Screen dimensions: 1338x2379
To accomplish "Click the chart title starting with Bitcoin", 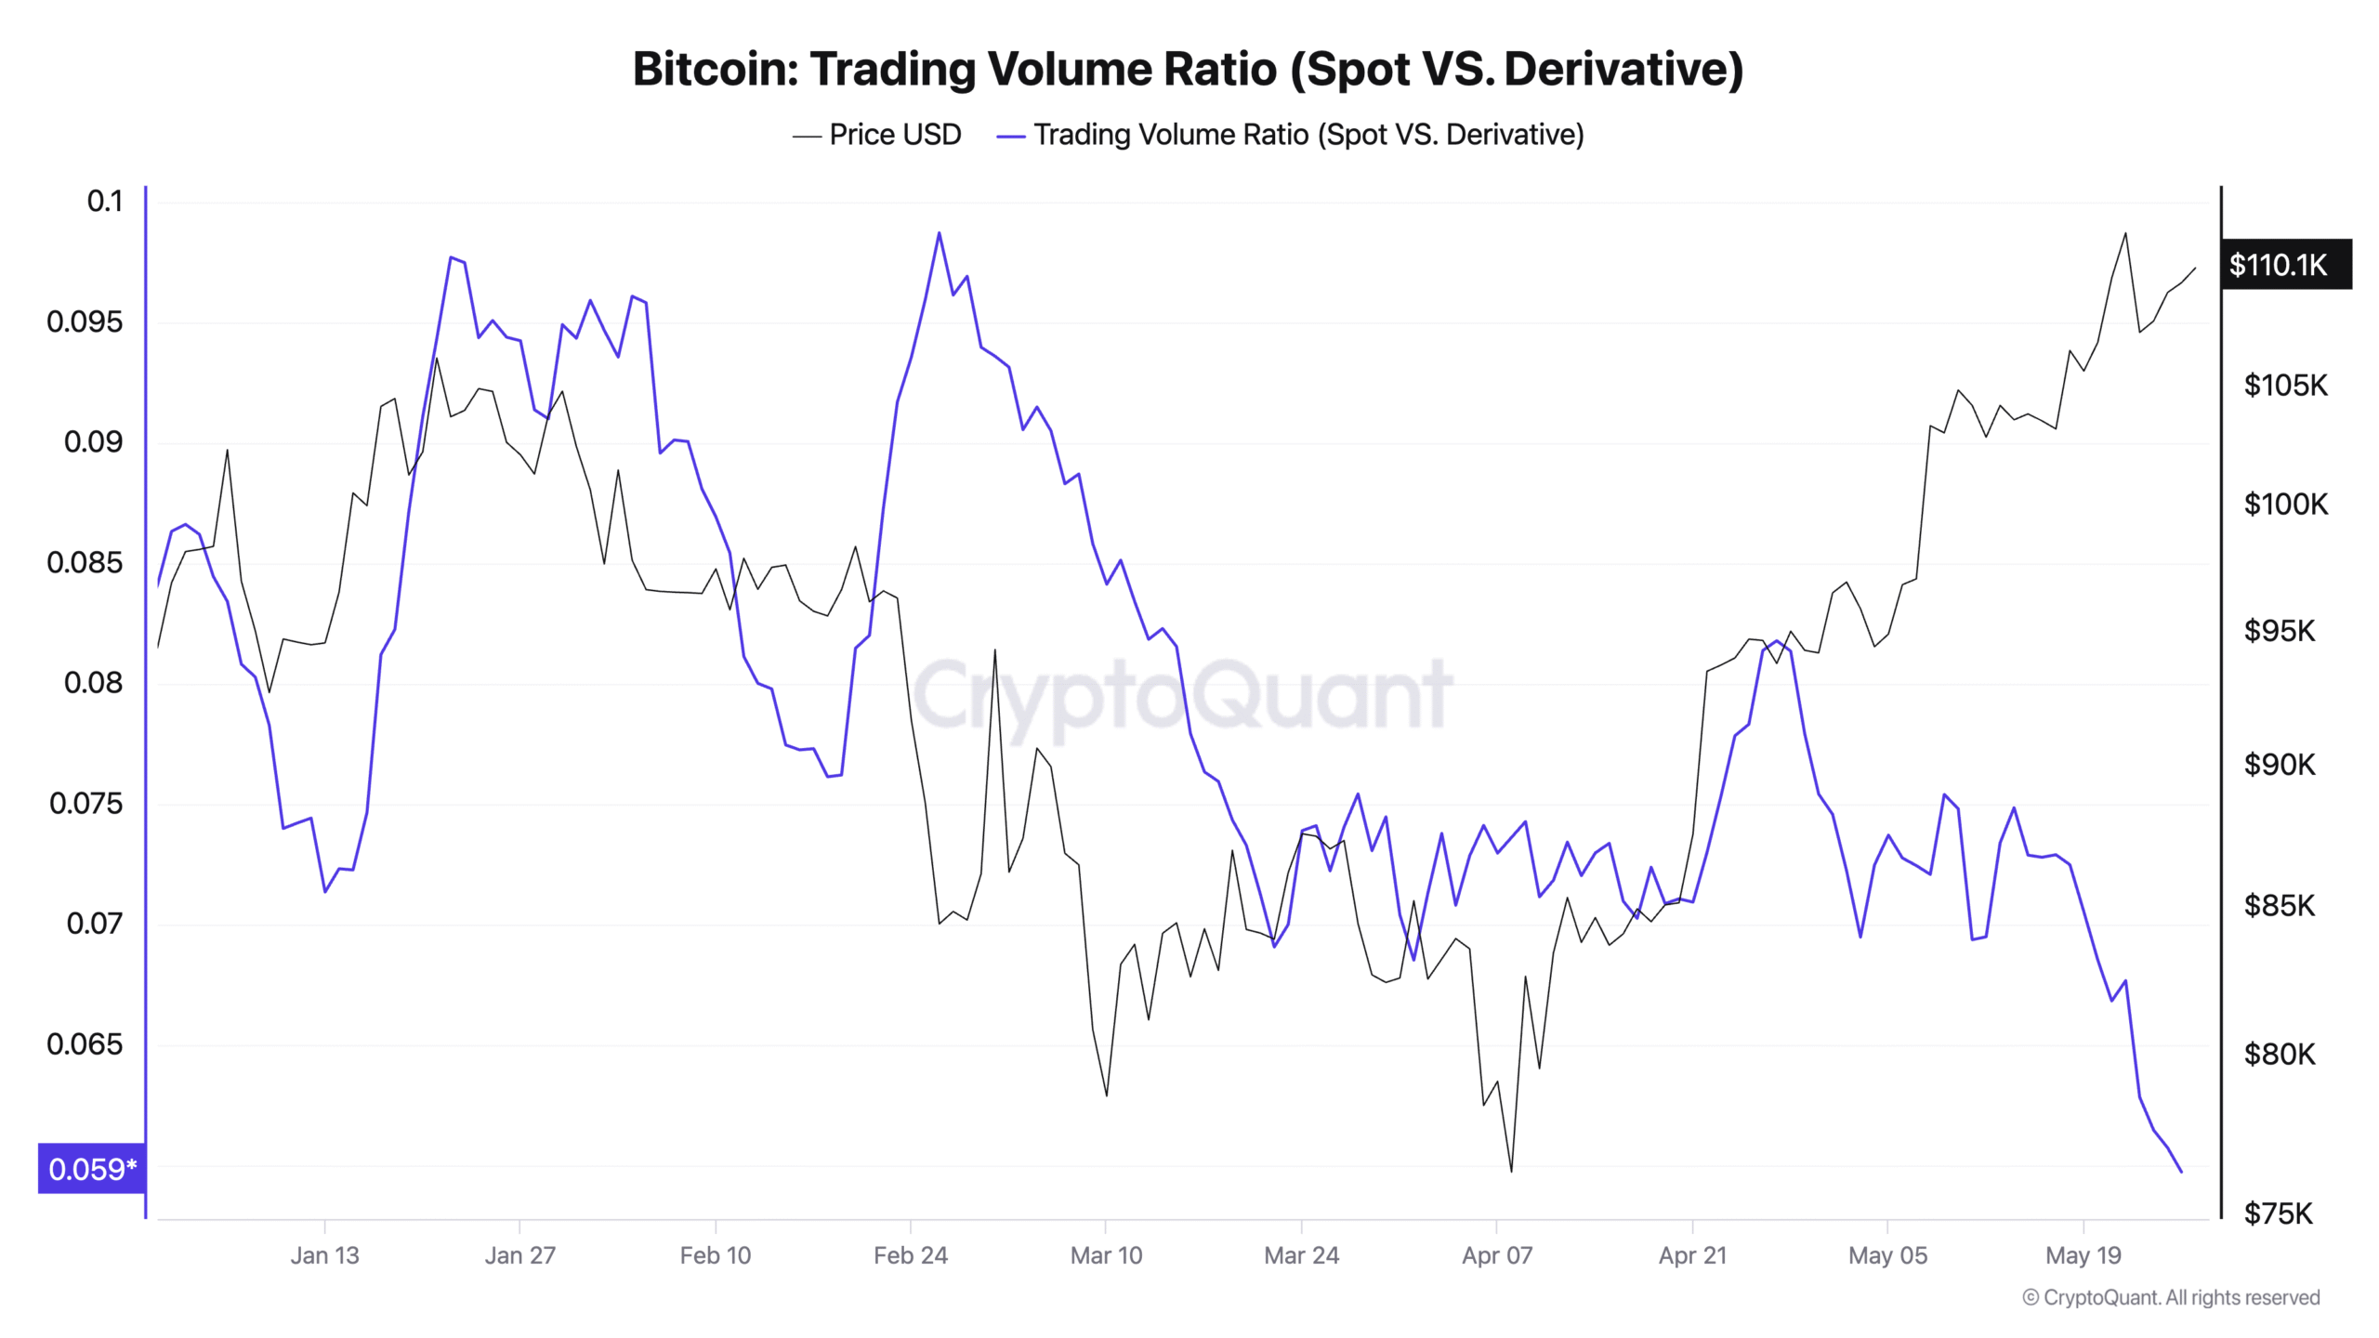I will point(1188,69).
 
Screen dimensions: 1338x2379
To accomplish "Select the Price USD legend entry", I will point(877,135).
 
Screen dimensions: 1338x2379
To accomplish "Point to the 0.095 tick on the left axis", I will point(85,322).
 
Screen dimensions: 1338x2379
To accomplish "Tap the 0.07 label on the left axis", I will point(94,924).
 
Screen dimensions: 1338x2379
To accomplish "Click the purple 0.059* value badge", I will point(91,1169).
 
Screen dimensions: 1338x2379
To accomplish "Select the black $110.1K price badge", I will point(2284,265).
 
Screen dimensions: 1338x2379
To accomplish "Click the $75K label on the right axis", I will point(2278,1213).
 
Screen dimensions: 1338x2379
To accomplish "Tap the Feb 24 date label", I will point(910,1255).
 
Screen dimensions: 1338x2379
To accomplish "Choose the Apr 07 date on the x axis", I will point(1496,1255).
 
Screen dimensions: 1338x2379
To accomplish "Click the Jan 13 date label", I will point(324,1255).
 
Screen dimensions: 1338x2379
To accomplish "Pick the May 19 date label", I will point(2083,1255).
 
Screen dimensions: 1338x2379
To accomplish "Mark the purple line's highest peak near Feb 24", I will point(939,233).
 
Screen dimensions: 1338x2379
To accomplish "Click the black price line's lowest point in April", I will point(1511,1171).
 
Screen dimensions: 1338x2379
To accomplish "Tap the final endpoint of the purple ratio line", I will point(2181,1172).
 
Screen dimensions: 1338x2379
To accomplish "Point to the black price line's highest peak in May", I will point(2125,233).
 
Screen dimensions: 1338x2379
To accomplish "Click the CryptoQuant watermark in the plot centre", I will point(1182,695).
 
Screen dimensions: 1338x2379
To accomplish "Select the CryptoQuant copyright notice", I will point(2171,1297).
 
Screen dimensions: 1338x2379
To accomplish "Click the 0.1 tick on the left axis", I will point(104,202).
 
